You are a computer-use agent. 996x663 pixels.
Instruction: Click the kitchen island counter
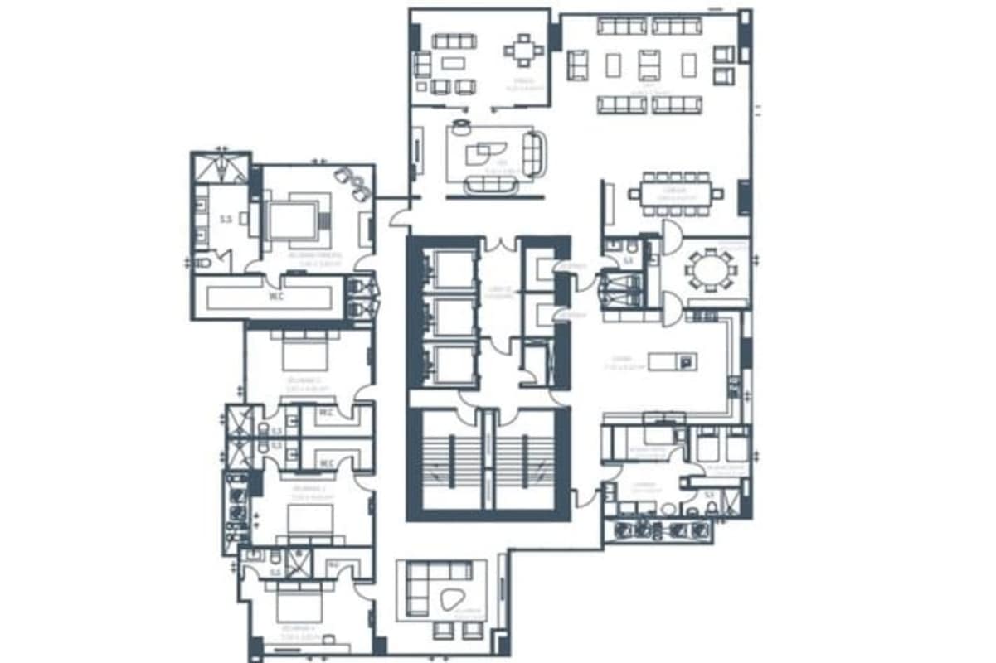tap(673, 361)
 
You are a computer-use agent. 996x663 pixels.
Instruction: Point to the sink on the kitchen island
tap(687, 361)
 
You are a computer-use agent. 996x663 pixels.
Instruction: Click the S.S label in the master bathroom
tap(225, 220)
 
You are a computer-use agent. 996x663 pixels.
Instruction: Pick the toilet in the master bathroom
tap(202, 262)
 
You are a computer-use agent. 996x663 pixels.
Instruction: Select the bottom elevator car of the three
tap(451, 365)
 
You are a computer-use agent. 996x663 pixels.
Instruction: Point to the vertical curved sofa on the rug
tap(532, 154)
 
